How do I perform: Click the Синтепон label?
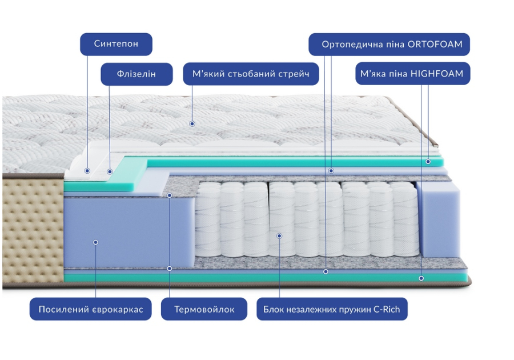(116, 44)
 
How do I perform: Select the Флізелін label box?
(136, 74)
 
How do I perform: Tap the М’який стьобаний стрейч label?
(251, 74)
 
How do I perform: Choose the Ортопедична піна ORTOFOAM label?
(389, 44)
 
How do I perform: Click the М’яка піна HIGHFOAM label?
(413, 74)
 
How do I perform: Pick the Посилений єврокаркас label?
(90, 309)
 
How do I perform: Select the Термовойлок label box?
(204, 309)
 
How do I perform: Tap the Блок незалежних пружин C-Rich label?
(332, 309)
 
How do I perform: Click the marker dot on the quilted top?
(192, 123)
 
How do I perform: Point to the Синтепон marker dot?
(87, 171)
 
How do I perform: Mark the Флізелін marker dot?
(110, 171)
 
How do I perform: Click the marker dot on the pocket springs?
(279, 236)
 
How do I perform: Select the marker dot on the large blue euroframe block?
(95, 242)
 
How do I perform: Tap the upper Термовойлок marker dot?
(170, 195)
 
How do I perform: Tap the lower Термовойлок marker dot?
(170, 269)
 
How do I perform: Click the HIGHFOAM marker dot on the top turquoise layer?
(428, 162)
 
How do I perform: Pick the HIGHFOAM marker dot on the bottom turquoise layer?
(421, 278)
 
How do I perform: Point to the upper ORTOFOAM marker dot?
(331, 171)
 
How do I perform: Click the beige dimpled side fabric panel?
(33, 230)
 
